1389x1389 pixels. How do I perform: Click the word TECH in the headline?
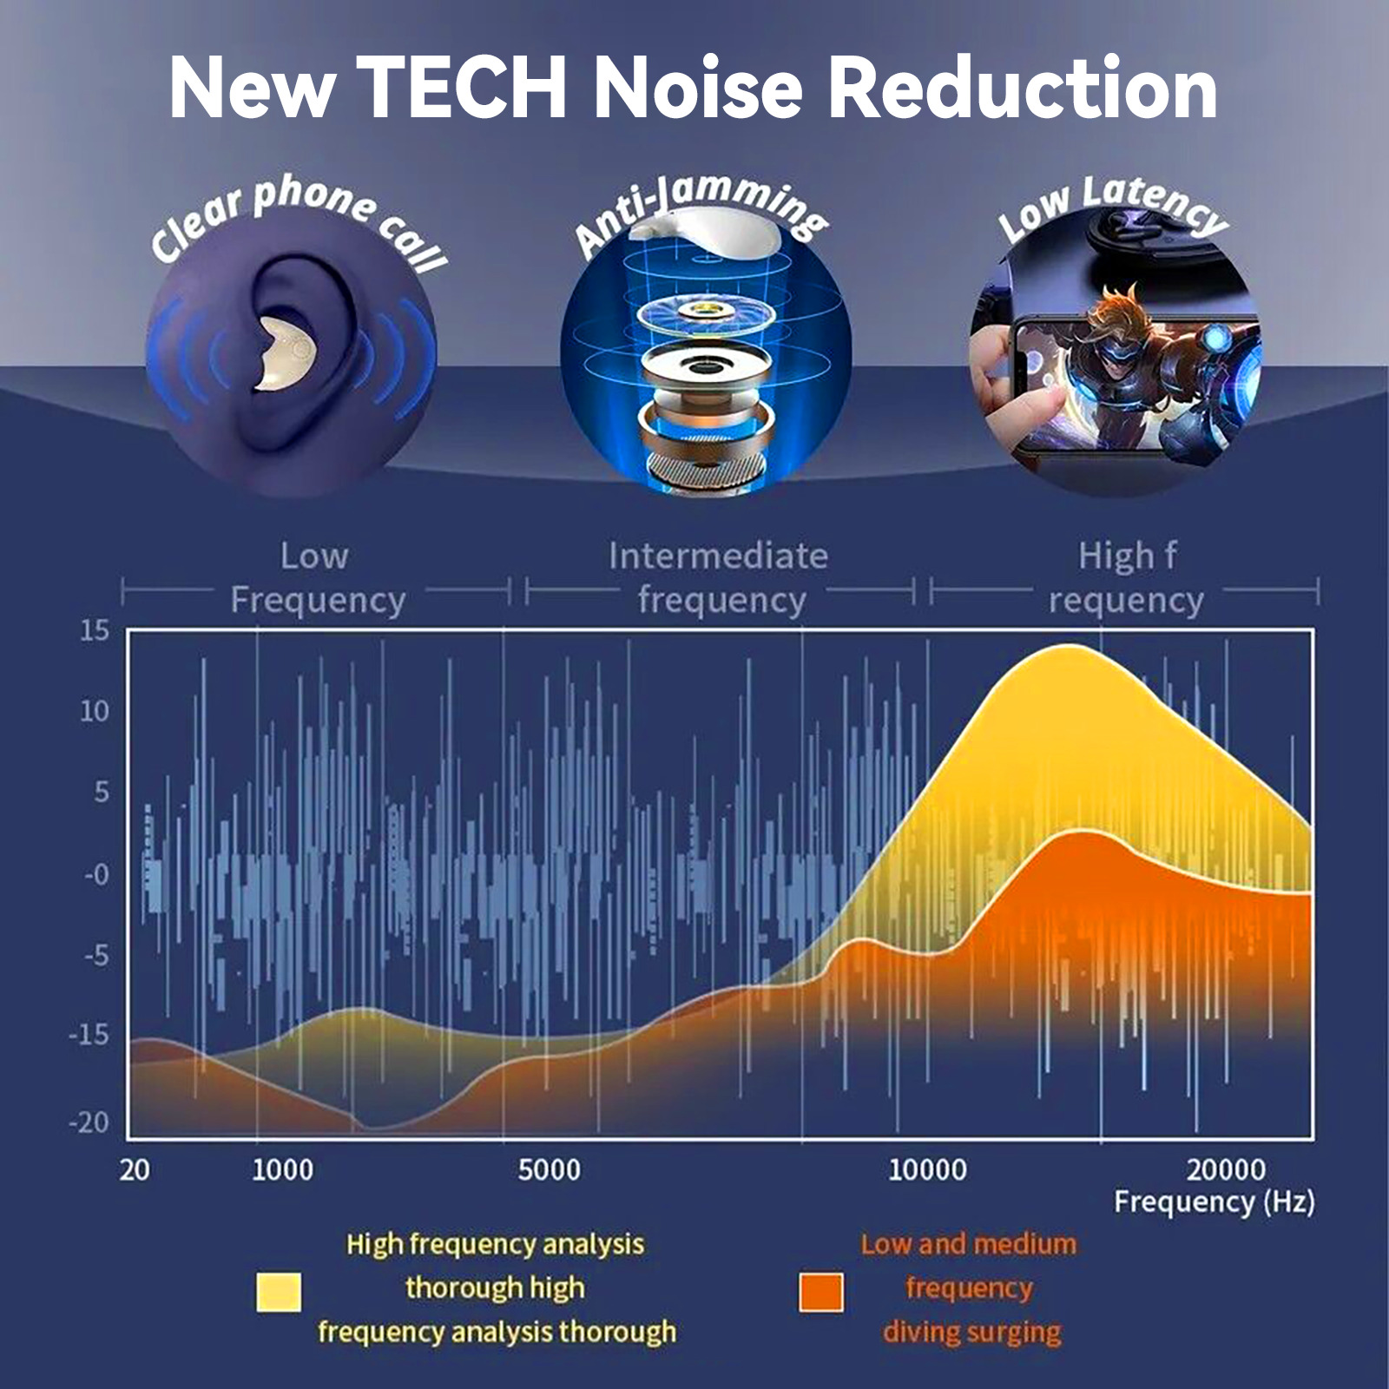point(462,89)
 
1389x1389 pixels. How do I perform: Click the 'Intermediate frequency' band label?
point(719,577)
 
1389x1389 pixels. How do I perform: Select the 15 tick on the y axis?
point(95,631)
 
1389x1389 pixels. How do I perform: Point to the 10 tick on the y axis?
point(95,712)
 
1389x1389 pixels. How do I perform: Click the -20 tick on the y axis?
point(89,1122)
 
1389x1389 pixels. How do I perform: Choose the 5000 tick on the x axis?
point(549,1170)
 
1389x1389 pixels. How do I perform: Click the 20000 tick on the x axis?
point(1226,1170)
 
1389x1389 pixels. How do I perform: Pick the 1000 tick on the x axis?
point(282,1170)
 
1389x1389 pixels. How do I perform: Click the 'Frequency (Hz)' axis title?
point(1214,1202)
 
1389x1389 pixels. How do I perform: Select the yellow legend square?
point(279,1292)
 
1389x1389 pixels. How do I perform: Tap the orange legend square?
point(820,1292)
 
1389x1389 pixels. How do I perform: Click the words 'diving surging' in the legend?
point(971,1332)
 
